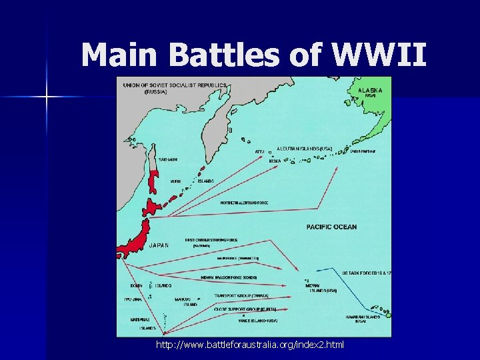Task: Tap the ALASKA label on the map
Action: point(371,89)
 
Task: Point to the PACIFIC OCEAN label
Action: point(331,227)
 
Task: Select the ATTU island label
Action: point(259,151)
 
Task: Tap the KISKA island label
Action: point(275,161)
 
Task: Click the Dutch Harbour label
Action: point(363,151)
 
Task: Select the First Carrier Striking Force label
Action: point(207,240)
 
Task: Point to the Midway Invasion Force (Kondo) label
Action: point(229,277)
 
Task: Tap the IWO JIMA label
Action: point(132,299)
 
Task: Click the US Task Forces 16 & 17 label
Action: point(367,274)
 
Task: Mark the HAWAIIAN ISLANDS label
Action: point(363,317)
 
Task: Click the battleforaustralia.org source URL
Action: point(250,345)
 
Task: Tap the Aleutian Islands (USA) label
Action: point(304,148)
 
